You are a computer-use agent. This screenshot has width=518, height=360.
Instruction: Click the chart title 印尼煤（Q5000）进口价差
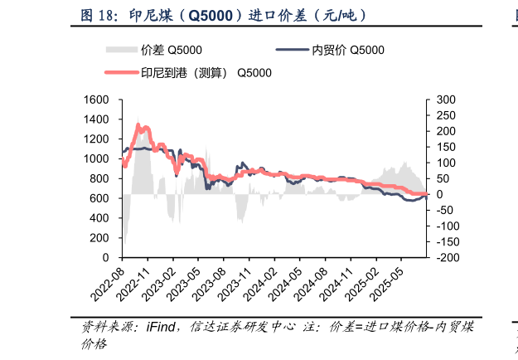pyautogui.click(x=224, y=15)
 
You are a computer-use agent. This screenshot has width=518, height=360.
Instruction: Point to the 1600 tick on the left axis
pyautogui.click(x=98, y=100)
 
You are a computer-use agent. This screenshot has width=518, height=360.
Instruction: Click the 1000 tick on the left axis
pyautogui.click(x=98, y=158)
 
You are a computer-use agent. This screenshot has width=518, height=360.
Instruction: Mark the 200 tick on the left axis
pyautogui.click(x=100, y=238)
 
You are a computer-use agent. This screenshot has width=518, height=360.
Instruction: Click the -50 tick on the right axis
pyautogui.click(x=444, y=211)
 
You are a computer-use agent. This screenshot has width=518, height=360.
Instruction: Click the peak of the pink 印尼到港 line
pyautogui.click(x=138, y=124)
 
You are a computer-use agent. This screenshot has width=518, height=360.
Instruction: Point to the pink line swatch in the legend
pyautogui.click(x=123, y=72)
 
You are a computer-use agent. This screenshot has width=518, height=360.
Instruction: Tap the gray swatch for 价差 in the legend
pyautogui.click(x=123, y=51)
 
